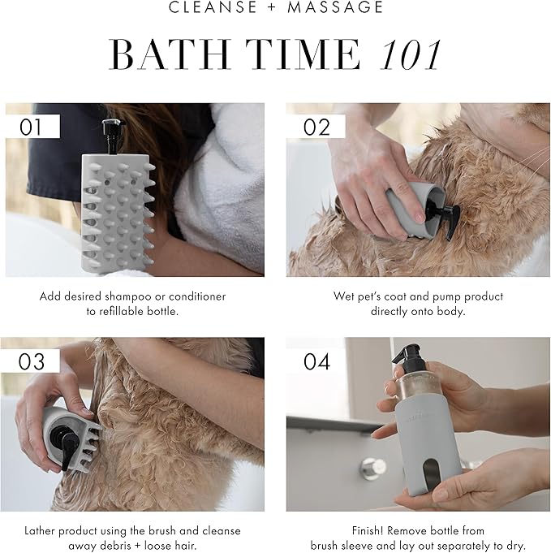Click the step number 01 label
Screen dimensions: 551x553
click(x=30, y=127)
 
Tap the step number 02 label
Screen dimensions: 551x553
click(x=316, y=127)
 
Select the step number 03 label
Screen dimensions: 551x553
click(x=32, y=361)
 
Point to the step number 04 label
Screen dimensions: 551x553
click(x=317, y=361)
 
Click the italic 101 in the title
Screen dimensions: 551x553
click(x=411, y=55)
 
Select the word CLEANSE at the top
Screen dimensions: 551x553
click(x=213, y=7)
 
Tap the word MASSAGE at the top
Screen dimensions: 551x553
click(x=335, y=7)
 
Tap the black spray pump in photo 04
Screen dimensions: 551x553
click(x=409, y=361)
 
